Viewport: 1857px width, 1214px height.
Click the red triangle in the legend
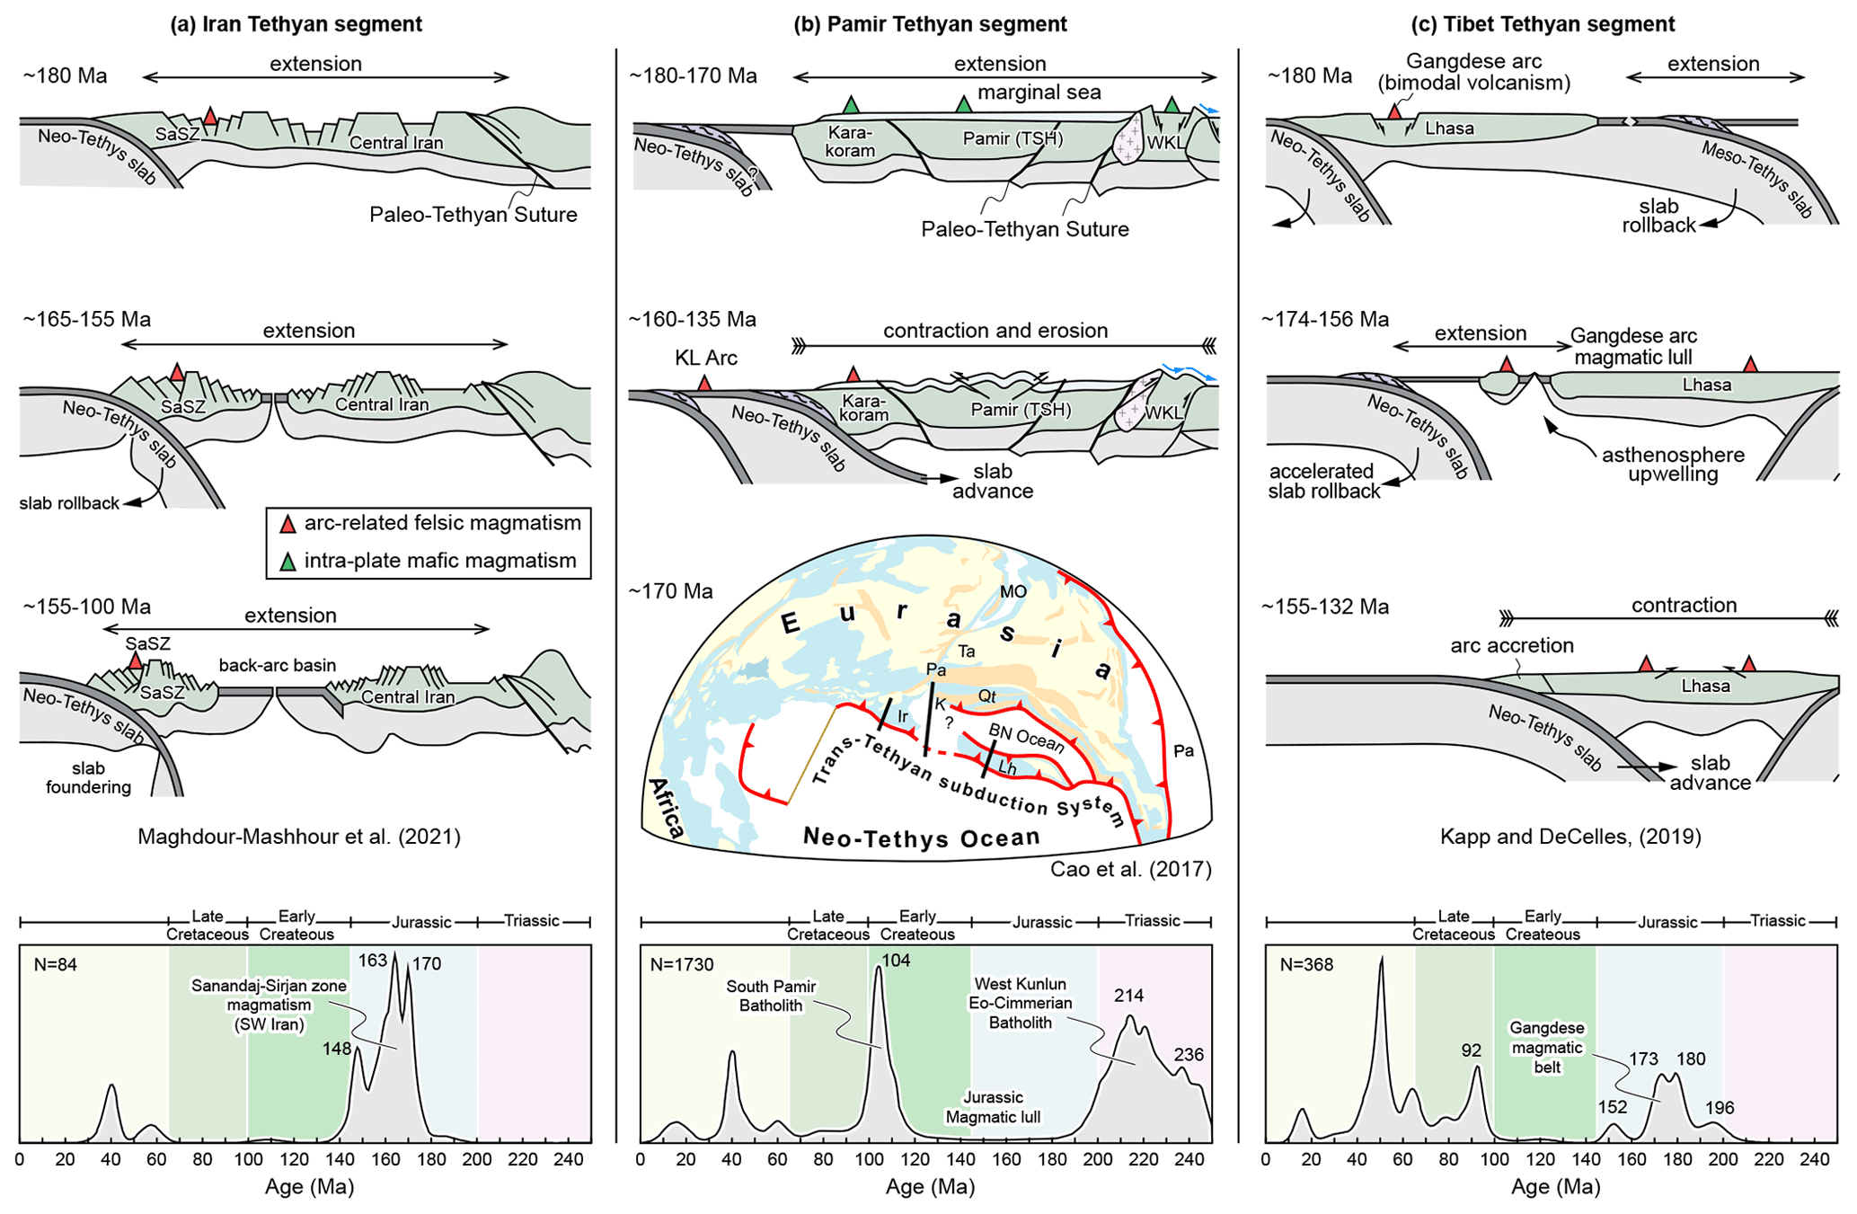tap(287, 524)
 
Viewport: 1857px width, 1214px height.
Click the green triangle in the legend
tap(287, 563)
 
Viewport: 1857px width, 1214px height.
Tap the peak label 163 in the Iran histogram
tap(372, 961)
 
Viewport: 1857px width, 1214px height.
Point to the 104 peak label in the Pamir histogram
tap(896, 961)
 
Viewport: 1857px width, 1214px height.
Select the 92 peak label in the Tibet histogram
tap(1471, 1050)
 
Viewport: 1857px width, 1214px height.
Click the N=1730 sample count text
tap(682, 965)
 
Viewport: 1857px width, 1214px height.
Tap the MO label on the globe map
tap(1013, 592)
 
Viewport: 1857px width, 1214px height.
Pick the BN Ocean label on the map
tap(1026, 738)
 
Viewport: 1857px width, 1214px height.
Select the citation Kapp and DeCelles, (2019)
tap(1570, 837)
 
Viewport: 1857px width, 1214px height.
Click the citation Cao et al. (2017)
tap(1130, 869)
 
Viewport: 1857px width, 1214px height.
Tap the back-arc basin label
tap(278, 666)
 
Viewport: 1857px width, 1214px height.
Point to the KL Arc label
tap(706, 359)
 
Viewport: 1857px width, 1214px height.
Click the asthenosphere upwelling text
tap(1673, 465)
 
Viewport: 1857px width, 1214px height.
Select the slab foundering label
tap(88, 778)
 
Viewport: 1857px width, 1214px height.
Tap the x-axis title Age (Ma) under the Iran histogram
tap(309, 1187)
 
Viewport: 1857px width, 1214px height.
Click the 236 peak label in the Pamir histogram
tap(1188, 1055)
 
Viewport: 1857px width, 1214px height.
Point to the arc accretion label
tap(1511, 645)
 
